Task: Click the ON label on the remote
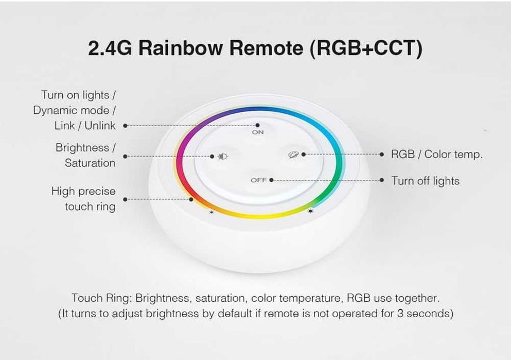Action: click(x=258, y=132)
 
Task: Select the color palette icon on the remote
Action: click(x=293, y=155)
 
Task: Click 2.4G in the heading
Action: click(x=110, y=48)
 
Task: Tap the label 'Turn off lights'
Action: click(x=425, y=181)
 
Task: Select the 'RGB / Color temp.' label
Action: click(x=436, y=155)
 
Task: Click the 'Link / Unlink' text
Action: click(x=85, y=126)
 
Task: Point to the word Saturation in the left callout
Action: click(x=90, y=163)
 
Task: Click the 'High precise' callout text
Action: click(x=83, y=192)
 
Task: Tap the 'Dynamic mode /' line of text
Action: click(x=75, y=110)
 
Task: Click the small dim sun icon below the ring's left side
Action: click(x=211, y=212)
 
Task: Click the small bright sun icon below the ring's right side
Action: click(x=310, y=211)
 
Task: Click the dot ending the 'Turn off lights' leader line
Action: click(x=381, y=180)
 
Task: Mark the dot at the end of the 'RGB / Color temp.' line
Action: click(x=381, y=154)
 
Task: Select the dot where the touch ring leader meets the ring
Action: click(x=191, y=199)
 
